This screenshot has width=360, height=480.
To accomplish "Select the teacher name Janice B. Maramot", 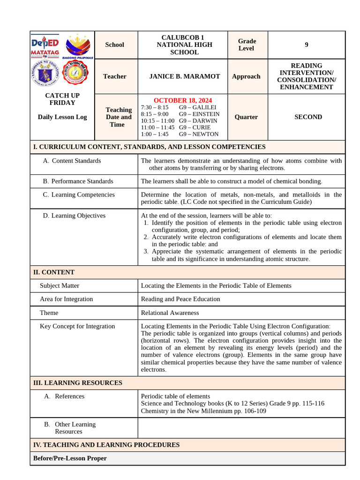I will [184, 76].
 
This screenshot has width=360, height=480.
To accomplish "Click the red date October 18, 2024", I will [182, 100].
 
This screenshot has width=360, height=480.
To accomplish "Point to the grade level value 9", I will [307, 45].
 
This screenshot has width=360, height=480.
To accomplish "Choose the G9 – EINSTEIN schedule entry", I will [199, 114].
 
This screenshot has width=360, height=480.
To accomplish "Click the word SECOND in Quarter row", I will [308, 117].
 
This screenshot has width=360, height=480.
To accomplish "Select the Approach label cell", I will [246, 76].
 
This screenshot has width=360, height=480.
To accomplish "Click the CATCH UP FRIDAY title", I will [62, 99].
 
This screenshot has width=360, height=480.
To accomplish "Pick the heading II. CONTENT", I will [54, 272].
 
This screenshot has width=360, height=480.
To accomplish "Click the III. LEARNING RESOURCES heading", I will [77, 383].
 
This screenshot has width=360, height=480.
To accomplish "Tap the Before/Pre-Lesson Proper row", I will [70, 458].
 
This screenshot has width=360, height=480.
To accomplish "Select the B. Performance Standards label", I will [78, 181].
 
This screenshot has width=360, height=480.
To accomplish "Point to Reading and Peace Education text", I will [180, 299].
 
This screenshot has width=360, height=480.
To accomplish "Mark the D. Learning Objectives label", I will [74, 216].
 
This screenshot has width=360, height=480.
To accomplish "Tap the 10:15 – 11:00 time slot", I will [157, 120].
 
